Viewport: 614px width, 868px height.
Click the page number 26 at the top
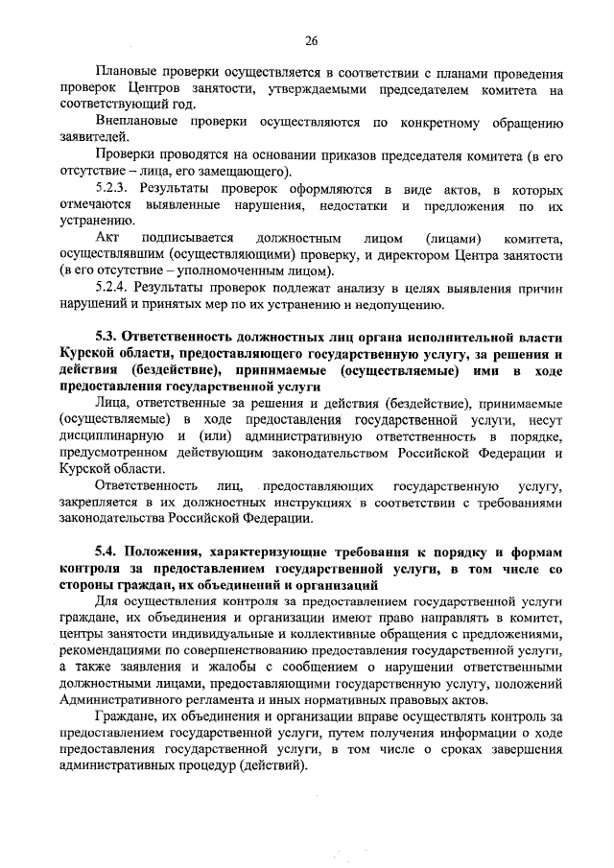point(311,39)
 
